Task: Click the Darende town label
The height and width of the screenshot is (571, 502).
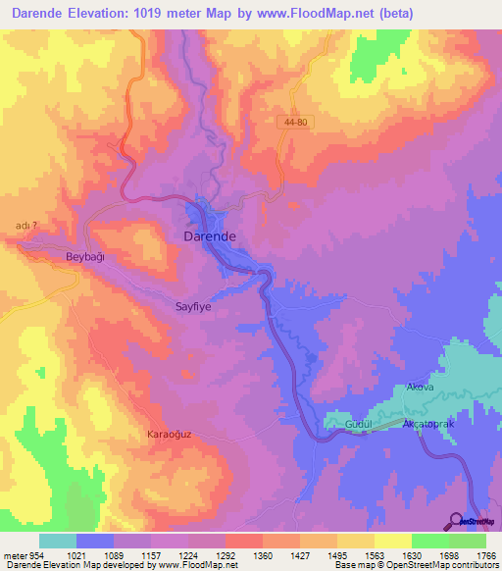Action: click(x=209, y=236)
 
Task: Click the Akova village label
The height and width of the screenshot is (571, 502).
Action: click(x=419, y=388)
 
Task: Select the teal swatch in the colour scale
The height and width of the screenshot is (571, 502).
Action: click(x=58, y=541)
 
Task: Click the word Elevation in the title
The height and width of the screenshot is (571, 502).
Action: click(x=109, y=13)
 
